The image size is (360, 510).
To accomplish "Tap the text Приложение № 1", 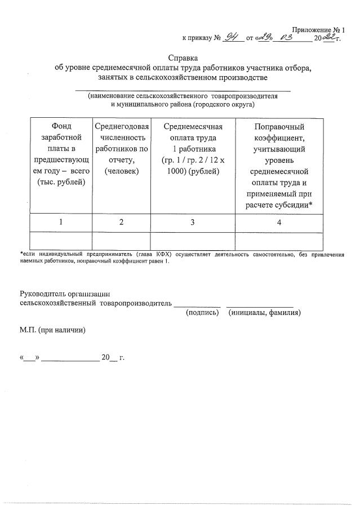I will [x=318, y=29].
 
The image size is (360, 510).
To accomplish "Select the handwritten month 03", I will [x=291, y=38].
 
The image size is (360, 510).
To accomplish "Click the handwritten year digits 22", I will [x=328, y=38].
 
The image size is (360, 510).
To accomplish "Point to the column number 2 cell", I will [x=122, y=222].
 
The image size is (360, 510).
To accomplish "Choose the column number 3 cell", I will [x=193, y=222].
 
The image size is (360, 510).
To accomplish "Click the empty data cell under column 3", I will [x=193, y=241].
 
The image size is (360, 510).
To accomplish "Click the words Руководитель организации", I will [x=64, y=294].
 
